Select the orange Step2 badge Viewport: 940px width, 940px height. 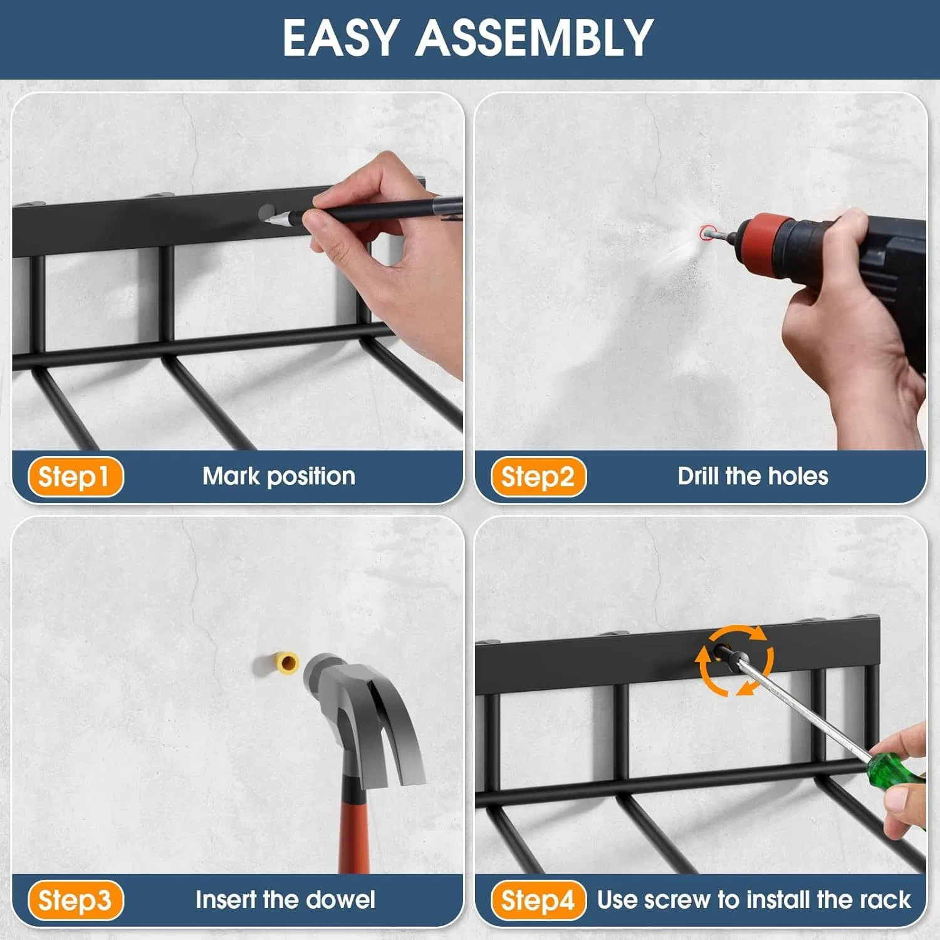tap(538, 477)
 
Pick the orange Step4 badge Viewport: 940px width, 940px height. tap(538, 901)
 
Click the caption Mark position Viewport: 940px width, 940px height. tap(279, 476)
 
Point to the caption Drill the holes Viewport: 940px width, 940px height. tap(753, 476)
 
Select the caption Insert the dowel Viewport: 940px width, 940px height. tap(285, 900)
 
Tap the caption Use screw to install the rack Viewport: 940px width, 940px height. tap(753, 900)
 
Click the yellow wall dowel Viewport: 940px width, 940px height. tap(288, 662)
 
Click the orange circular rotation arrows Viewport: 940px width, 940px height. tap(734, 660)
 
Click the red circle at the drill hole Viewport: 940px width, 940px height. tap(708, 233)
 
